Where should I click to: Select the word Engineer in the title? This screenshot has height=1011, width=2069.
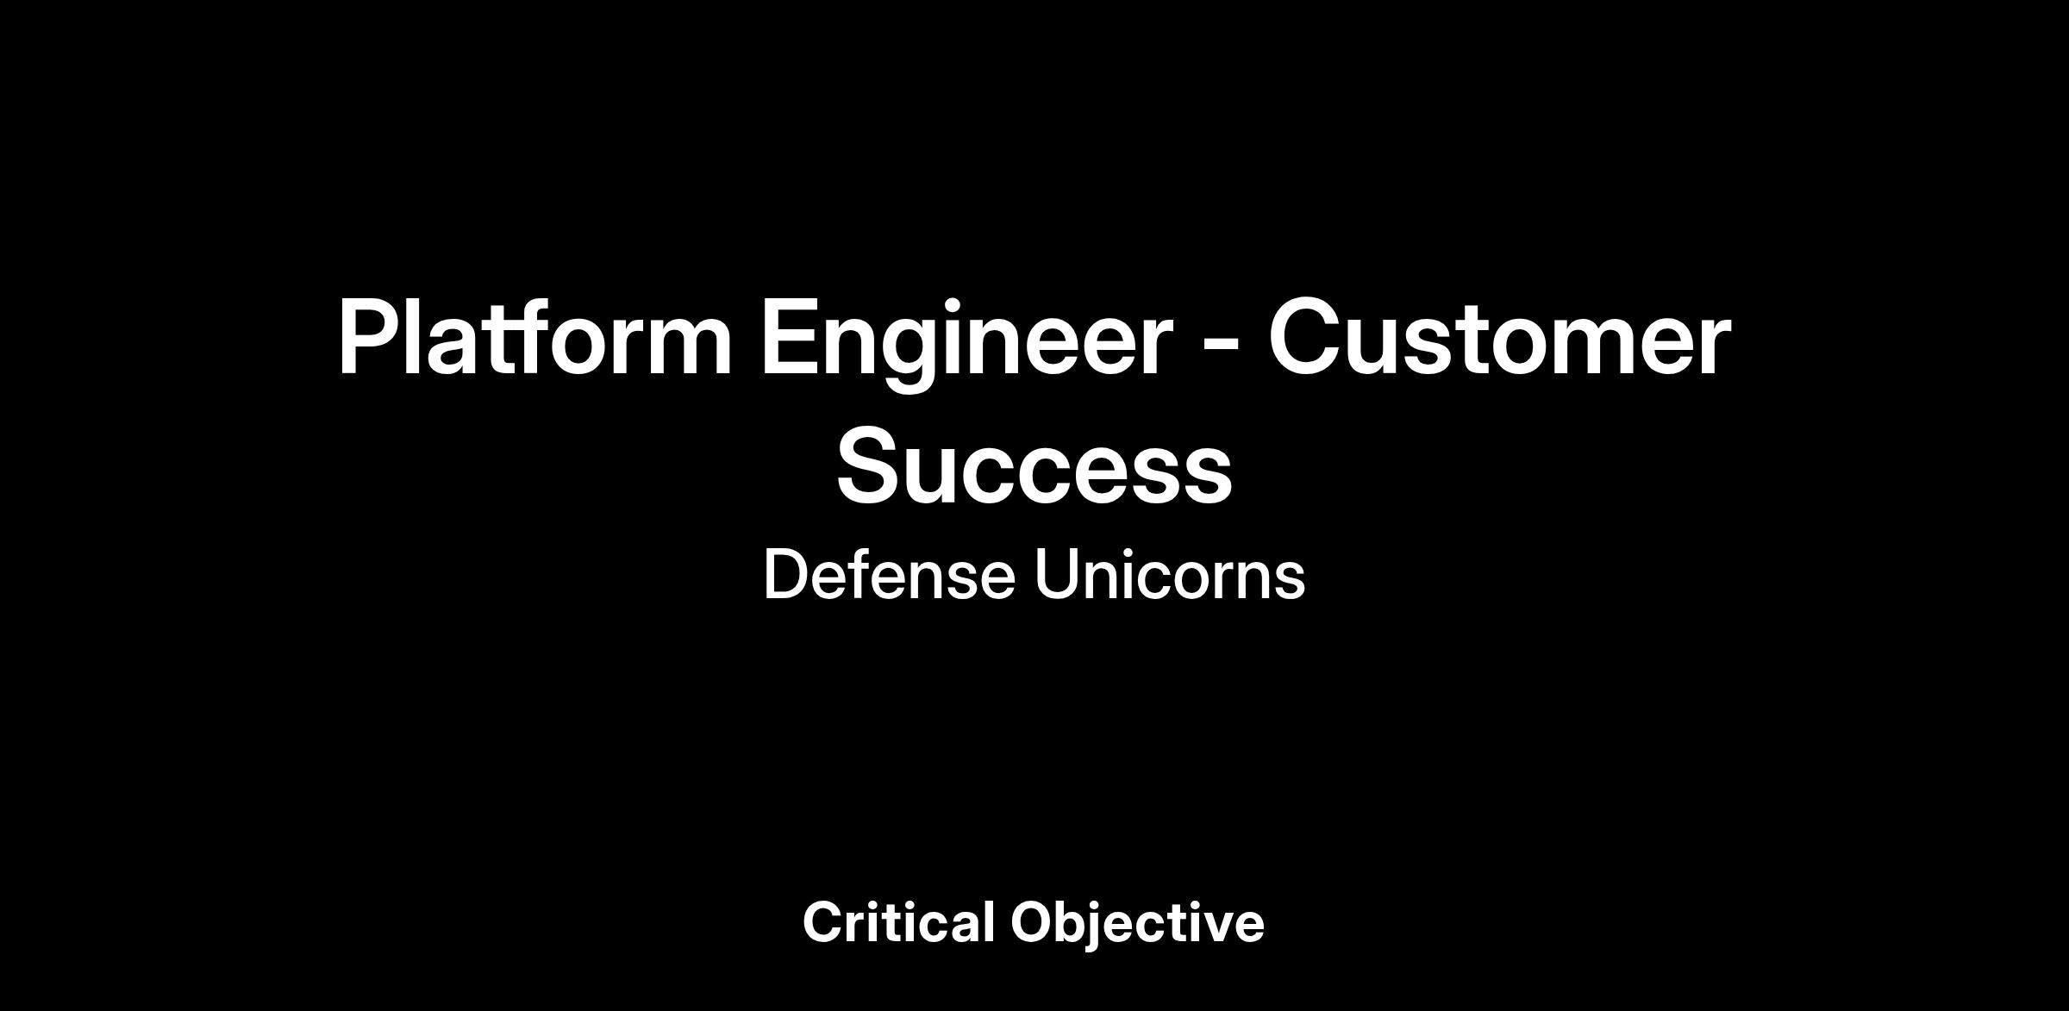click(966, 343)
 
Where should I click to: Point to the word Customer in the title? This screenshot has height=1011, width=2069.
click(1499, 338)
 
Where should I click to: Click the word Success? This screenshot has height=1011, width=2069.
click(1034, 466)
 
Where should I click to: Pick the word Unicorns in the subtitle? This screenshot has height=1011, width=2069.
click(1170, 574)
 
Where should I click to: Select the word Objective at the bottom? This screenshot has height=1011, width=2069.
click(1137, 924)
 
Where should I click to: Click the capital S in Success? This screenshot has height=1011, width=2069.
click(869, 465)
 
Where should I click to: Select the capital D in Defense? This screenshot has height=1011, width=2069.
click(785, 574)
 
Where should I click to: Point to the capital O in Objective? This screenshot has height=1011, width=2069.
click(1034, 922)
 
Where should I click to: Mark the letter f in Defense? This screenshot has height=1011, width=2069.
click(861, 574)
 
